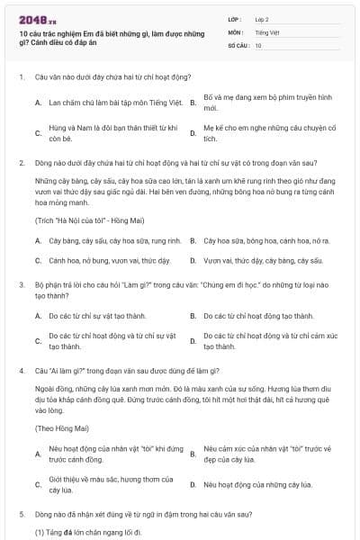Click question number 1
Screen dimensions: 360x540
(21, 77)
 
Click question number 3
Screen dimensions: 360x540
(21, 284)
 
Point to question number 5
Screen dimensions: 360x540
(21, 514)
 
